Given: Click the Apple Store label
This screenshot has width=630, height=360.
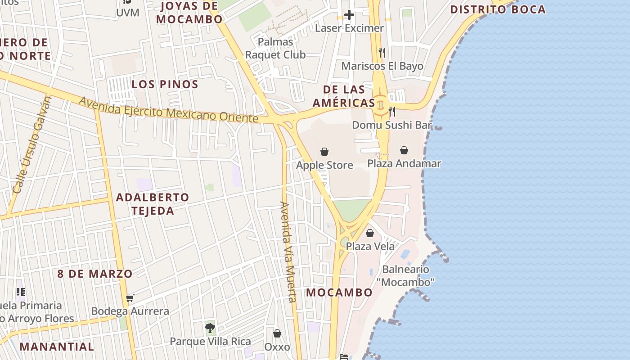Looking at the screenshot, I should click(324, 165).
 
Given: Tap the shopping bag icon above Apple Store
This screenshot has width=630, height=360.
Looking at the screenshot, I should click(324, 152).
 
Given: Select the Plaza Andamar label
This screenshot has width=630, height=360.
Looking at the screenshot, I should click(404, 163).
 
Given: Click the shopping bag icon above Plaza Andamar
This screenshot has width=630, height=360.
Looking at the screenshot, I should click(404, 150).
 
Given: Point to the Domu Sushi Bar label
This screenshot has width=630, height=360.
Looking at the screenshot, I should click(392, 125).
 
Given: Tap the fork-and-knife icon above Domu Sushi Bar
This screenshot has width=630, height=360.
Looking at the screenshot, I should click(392, 111).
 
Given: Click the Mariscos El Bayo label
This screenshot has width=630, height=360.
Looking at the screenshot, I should click(382, 66).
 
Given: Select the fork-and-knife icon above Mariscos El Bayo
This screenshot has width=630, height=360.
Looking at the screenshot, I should click(382, 53).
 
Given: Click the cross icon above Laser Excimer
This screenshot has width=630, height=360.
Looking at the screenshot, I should click(349, 15).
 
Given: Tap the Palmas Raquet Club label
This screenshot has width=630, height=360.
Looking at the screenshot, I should click(275, 48).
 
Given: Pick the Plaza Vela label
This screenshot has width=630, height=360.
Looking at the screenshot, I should click(370, 246).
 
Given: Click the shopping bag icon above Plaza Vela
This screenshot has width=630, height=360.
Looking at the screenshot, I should click(370, 233).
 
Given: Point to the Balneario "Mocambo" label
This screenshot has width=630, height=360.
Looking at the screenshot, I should click(405, 276).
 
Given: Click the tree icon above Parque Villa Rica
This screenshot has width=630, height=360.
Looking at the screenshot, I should click(210, 328).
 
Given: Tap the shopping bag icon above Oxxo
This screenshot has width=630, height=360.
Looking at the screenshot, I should click(277, 333).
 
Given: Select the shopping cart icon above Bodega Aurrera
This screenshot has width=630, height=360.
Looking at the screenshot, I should click(130, 298).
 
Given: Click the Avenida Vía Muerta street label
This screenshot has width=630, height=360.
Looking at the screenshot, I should click(288, 252).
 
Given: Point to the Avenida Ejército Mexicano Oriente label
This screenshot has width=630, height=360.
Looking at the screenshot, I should click(168, 110).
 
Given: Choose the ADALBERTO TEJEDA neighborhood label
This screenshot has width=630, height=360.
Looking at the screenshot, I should click(153, 204).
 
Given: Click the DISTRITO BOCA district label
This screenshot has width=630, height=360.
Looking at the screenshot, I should click(498, 9).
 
